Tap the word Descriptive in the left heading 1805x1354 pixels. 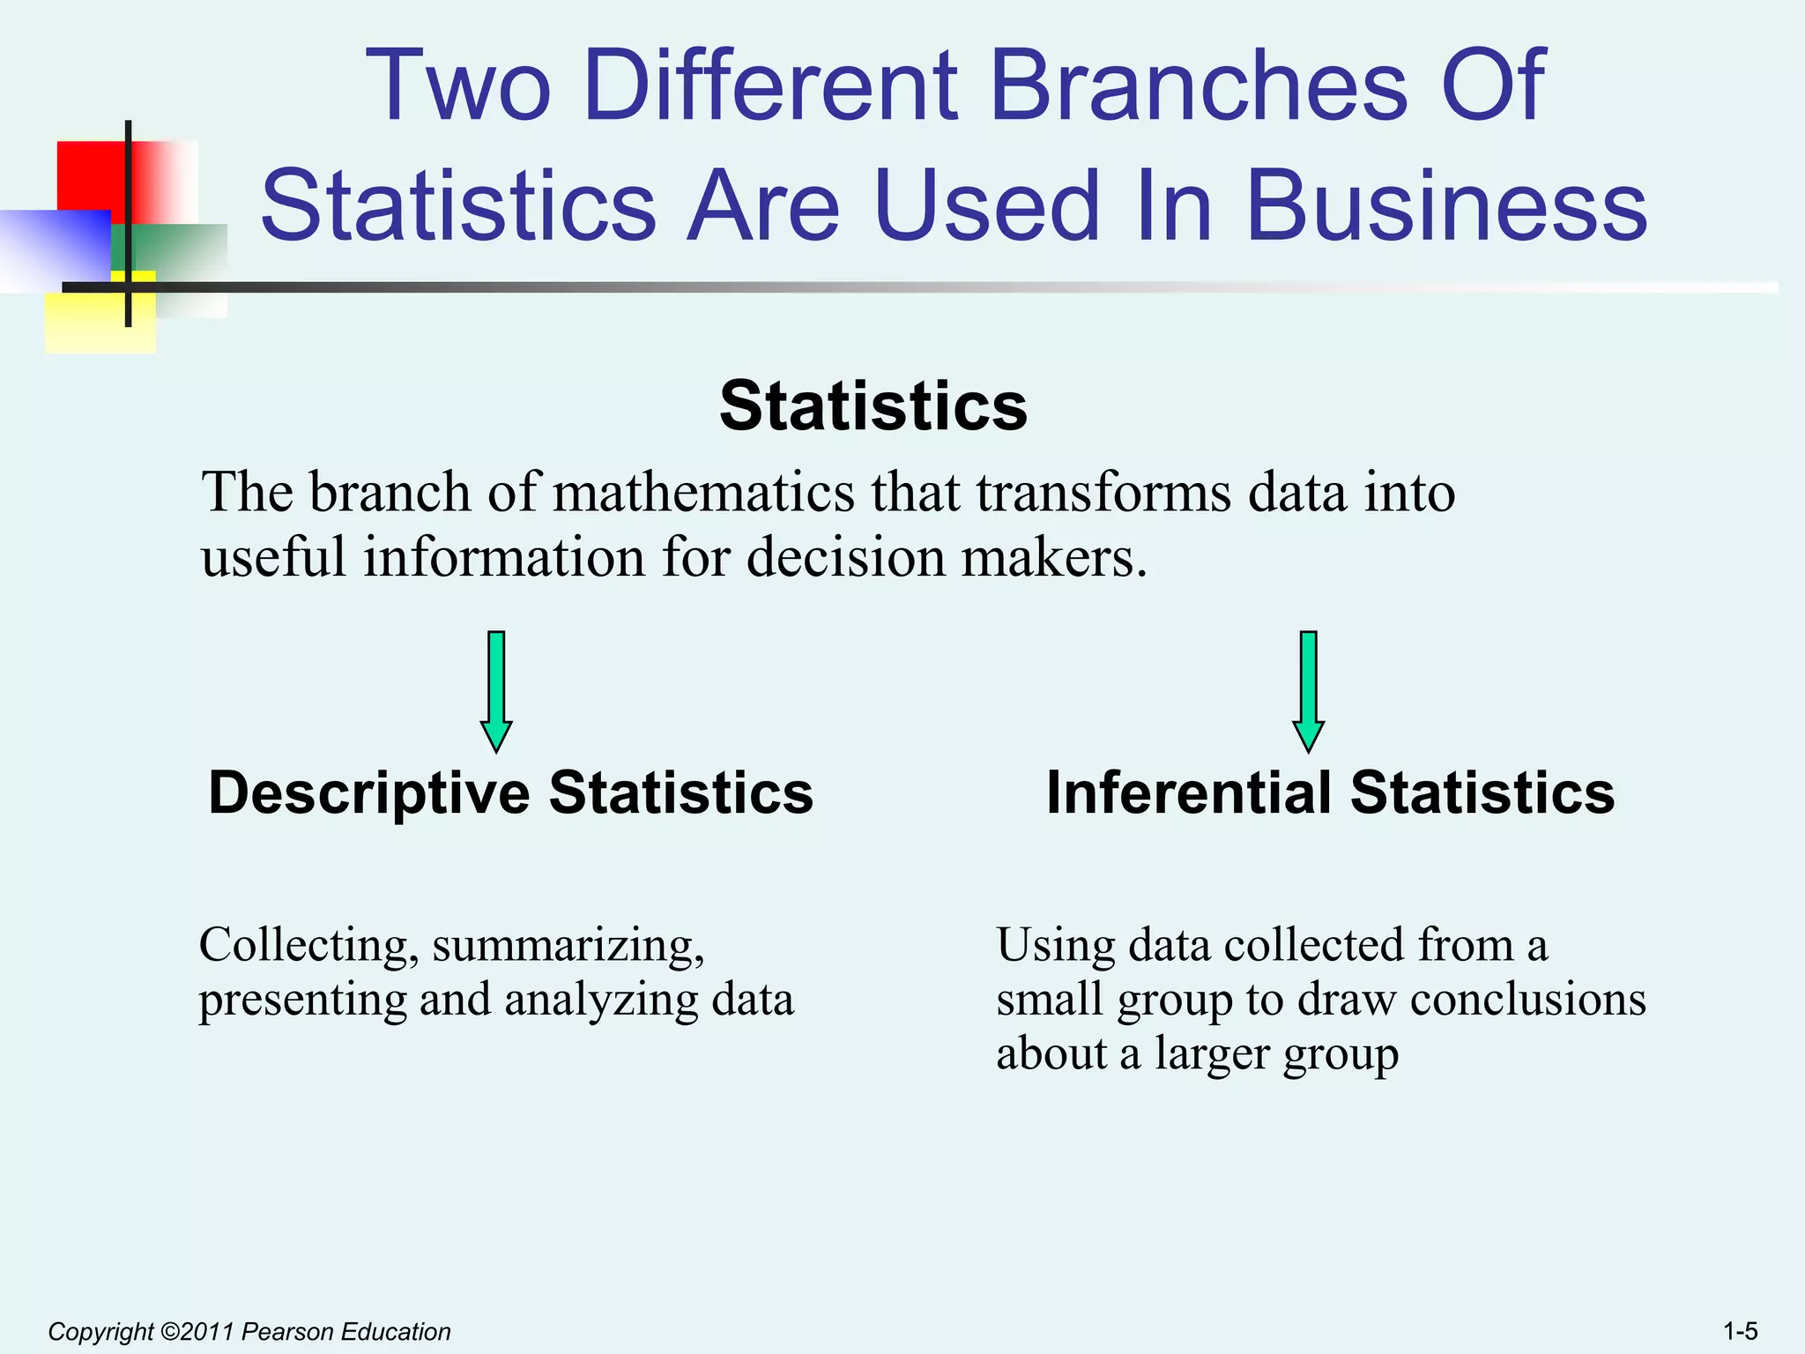[x=368, y=792]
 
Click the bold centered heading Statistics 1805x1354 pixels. [x=873, y=406]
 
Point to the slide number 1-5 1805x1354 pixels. [x=1740, y=1331]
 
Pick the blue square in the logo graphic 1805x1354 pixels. [x=53, y=247]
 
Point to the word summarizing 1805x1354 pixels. [x=568, y=945]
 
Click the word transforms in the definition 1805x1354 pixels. [x=1103, y=492]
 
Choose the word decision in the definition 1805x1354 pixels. [x=846, y=558]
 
